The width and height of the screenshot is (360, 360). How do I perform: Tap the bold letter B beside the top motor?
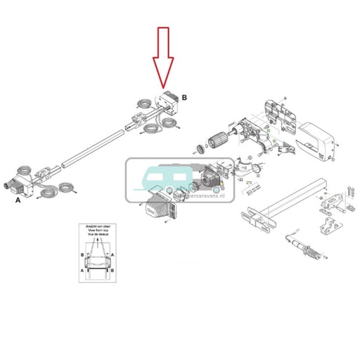184,97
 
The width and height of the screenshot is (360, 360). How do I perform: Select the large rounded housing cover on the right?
321,139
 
